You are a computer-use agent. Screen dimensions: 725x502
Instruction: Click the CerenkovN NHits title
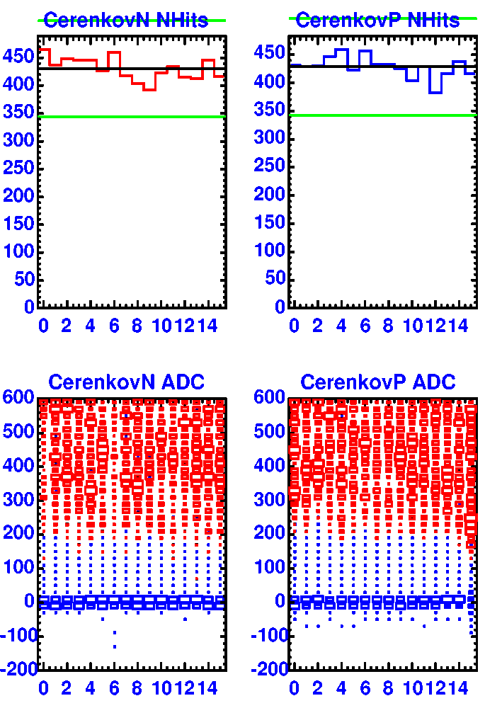click(x=126, y=21)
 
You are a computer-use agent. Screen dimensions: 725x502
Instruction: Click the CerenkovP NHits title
click(x=377, y=21)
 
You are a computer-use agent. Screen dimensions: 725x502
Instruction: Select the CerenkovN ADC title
click(x=126, y=383)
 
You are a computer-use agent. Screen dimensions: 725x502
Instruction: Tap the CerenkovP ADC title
click(x=378, y=383)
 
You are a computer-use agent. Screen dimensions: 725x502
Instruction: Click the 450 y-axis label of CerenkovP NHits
click(x=270, y=54)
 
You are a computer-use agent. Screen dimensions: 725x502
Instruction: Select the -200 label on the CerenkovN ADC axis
click(x=18, y=670)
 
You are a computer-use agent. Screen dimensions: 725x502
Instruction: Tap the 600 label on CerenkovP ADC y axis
click(x=270, y=398)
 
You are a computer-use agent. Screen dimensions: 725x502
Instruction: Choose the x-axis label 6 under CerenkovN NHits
click(x=114, y=326)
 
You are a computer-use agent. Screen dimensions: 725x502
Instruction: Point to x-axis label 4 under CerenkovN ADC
click(x=91, y=688)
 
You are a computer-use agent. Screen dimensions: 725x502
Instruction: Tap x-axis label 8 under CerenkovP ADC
click(x=389, y=688)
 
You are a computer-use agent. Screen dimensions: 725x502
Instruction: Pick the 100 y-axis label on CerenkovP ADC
click(x=270, y=568)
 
